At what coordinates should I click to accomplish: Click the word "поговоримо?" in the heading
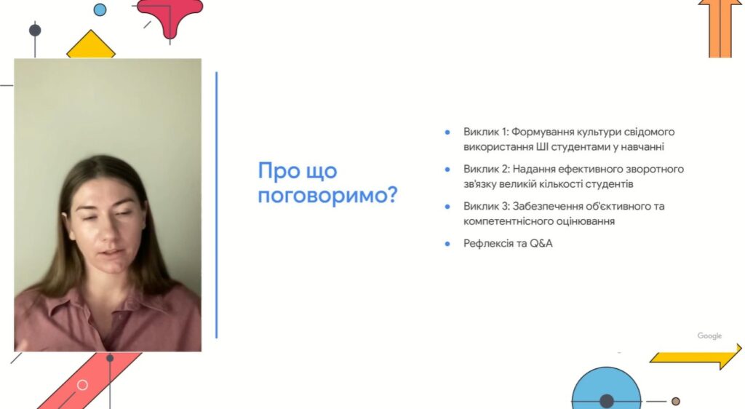pyautogui.click(x=327, y=195)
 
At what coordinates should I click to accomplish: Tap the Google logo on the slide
pyautogui.click(x=709, y=335)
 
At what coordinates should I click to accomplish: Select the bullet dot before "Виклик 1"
pyautogui.click(x=447, y=132)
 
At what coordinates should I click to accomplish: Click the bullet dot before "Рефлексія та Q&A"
pyautogui.click(x=447, y=245)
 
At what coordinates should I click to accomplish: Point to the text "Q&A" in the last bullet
pyautogui.click(x=541, y=243)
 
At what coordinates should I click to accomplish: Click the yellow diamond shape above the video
pyautogui.click(x=91, y=46)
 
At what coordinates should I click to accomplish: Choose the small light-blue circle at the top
pyautogui.click(x=100, y=9)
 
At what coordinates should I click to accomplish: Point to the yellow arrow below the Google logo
pyautogui.click(x=696, y=357)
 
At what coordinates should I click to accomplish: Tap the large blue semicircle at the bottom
pyautogui.click(x=606, y=388)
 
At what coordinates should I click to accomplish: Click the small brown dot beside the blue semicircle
pyautogui.click(x=676, y=402)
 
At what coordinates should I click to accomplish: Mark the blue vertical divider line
pyautogui.click(x=217, y=204)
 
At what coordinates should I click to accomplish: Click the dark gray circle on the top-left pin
pyautogui.click(x=35, y=31)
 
